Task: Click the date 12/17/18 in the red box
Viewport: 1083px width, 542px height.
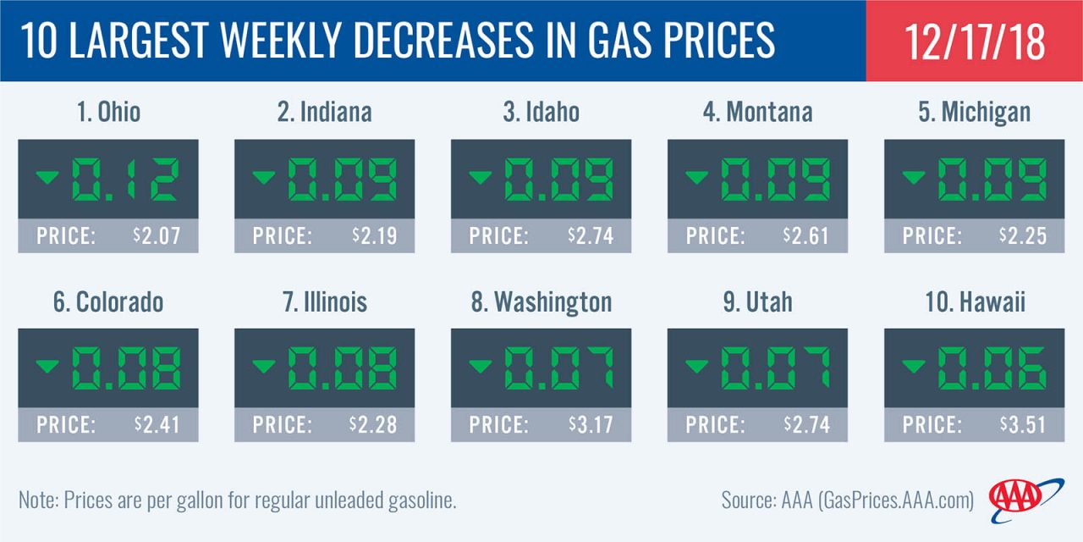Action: click(x=975, y=41)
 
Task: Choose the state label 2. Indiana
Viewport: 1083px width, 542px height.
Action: click(x=324, y=112)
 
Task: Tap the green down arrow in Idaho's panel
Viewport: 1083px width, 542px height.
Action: click(x=480, y=177)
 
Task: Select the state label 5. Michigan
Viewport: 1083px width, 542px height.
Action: click(x=974, y=112)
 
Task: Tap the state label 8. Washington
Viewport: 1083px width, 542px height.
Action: click(x=541, y=301)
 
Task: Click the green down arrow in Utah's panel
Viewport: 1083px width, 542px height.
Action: click(x=696, y=366)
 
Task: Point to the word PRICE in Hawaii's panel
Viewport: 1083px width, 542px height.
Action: click(x=931, y=424)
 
